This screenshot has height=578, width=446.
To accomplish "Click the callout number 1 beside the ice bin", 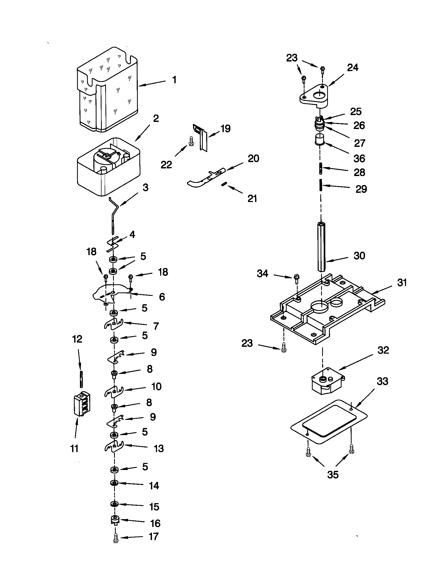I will pyautogui.click(x=174, y=80).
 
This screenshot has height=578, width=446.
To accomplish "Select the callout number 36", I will pyautogui.click(x=359, y=158).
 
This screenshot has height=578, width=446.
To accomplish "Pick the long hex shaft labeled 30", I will pyautogui.click(x=322, y=246).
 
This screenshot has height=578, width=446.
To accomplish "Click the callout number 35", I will pyautogui.click(x=333, y=474).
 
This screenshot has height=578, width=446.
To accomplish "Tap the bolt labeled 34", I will pyautogui.click(x=297, y=279).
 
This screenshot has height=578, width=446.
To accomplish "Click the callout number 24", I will pyautogui.click(x=352, y=68).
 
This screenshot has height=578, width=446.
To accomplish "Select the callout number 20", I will pyautogui.click(x=253, y=158).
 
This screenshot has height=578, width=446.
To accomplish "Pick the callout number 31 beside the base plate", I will pyautogui.click(x=402, y=283).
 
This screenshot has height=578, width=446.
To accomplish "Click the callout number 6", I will pyautogui.click(x=162, y=297).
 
